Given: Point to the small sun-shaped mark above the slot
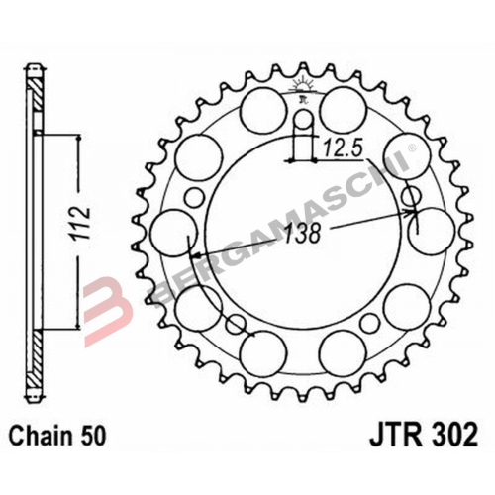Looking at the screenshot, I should tap(300, 91).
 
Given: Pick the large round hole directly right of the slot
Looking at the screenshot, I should tap(342, 104).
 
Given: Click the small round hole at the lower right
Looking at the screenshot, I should tap(370, 323).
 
